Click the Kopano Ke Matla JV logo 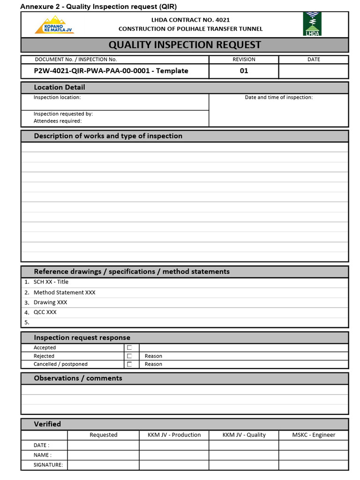[54, 25]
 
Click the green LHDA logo [312, 24]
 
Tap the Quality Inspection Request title [185, 45]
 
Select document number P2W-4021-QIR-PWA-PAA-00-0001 [111, 71]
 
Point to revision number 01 [244, 71]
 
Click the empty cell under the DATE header [314, 71]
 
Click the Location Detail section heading [60, 87]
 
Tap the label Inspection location [57, 97]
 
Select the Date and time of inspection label [278, 97]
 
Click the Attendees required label [58, 121]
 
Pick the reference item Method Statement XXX [64, 292]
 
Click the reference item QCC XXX [45, 312]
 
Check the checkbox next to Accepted [129, 348]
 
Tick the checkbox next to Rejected [129, 356]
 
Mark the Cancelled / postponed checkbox [129, 364]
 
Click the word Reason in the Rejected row [153, 356]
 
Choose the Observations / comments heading [78, 378]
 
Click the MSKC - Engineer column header [314, 435]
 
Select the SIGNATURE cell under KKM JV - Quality [244, 465]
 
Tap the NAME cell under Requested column [103, 455]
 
